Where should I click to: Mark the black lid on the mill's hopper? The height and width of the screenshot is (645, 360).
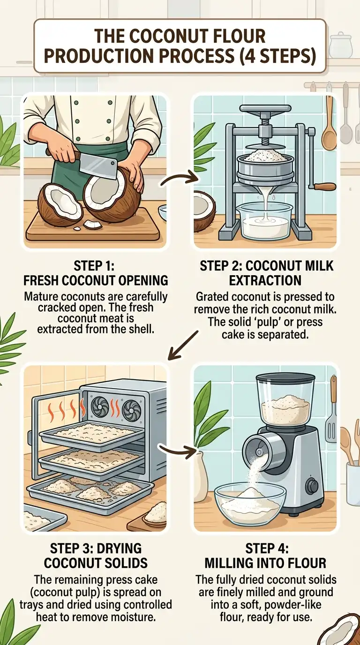tap(285, 378)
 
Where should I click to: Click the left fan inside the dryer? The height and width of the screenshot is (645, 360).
tap(100, 407)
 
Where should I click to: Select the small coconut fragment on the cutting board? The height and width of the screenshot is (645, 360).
tap(93, 225)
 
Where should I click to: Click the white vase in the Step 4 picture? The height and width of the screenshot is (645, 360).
tap(201, 469)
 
